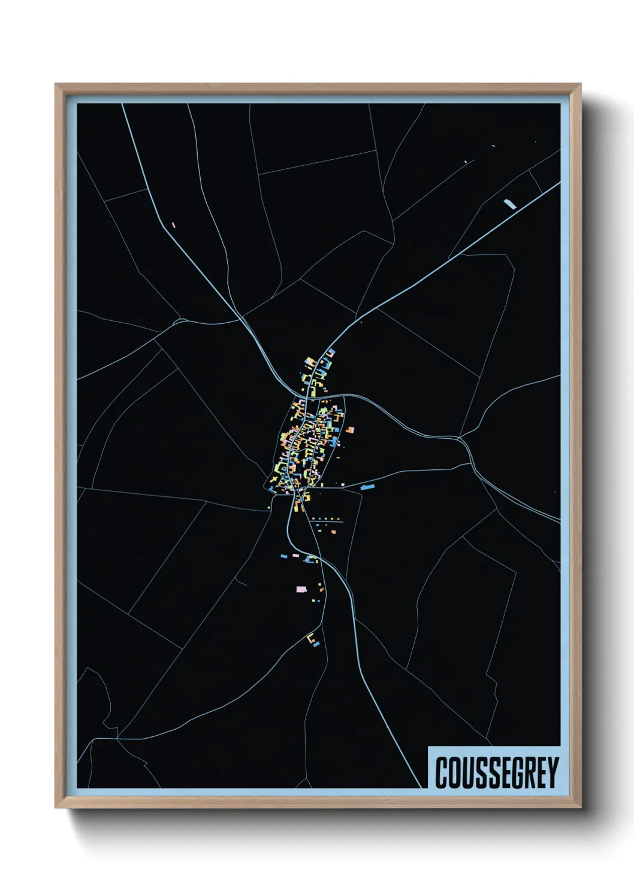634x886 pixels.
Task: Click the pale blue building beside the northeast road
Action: tap(510, 204)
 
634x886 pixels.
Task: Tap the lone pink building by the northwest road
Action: tap(173, 225)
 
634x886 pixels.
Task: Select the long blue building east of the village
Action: tap(367, 487)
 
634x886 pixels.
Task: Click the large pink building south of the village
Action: tap(301, 589)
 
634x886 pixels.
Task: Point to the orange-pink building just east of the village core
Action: tap(349, 429)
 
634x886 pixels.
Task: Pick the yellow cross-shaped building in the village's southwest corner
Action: tap(274, 480)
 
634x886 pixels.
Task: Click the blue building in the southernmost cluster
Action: tap(316, 644)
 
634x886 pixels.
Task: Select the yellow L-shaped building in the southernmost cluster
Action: tap(310, 638)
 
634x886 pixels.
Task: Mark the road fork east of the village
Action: tap(460, 440)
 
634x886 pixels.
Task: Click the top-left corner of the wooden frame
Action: tap(56, 84)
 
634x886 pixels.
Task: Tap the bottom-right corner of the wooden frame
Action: tap(580, 808)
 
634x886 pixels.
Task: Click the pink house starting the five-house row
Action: tap(313, 518)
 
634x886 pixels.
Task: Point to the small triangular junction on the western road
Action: tap(177, 321)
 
